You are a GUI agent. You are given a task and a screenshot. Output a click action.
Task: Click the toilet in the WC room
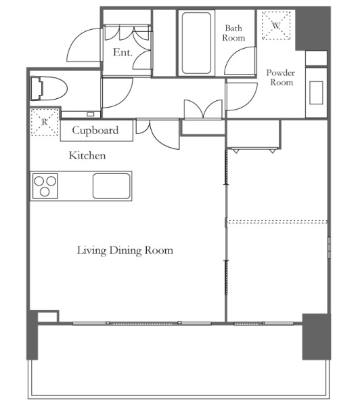pyautogui.click(x=49, y=88)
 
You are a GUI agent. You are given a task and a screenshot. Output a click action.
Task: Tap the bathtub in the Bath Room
pyautogui.click(x=196, y=43)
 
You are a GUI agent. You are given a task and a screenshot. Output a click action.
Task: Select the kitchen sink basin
pyautogui.click(x=112, y=186)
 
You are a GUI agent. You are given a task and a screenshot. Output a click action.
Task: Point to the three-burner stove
pyautogui.click(x=45, y=186)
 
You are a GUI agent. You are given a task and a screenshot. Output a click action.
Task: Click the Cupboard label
pyautogui.click(x=95, y=130)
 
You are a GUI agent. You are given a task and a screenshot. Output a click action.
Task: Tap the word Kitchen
pyautogui.click(x=87, y=156)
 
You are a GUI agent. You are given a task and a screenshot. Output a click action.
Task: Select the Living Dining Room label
pyautogui.click(x=125, y=251)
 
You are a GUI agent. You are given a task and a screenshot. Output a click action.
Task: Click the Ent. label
pyautogui.click(x=122, y=52)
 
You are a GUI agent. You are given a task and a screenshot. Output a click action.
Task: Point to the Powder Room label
pyautogui.click(x=281, y=77)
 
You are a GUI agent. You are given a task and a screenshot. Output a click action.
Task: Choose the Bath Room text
pyautogui.click(x=233, y=33)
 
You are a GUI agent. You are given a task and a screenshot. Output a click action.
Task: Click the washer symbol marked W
pyautogui.click(x=276, y=26)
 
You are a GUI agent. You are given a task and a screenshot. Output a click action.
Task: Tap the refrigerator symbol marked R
pyautogui.click(x=45, y=122)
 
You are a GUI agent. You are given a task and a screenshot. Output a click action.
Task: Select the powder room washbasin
pyautogui.click(x=316, y=93)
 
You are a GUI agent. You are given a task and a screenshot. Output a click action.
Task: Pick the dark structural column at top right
pyautogui.click(x=313, y=29)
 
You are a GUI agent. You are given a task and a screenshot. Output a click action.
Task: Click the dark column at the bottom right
pyautogui.click(x=316, y=337)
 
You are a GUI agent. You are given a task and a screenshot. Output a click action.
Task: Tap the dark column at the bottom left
pyautogui.click(x=32, y=335)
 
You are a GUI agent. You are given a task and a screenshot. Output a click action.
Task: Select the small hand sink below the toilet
pyautogui.click(x=81, y=114)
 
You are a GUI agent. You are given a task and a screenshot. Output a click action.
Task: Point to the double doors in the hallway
pyautogui.click(x=203, y=110)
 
